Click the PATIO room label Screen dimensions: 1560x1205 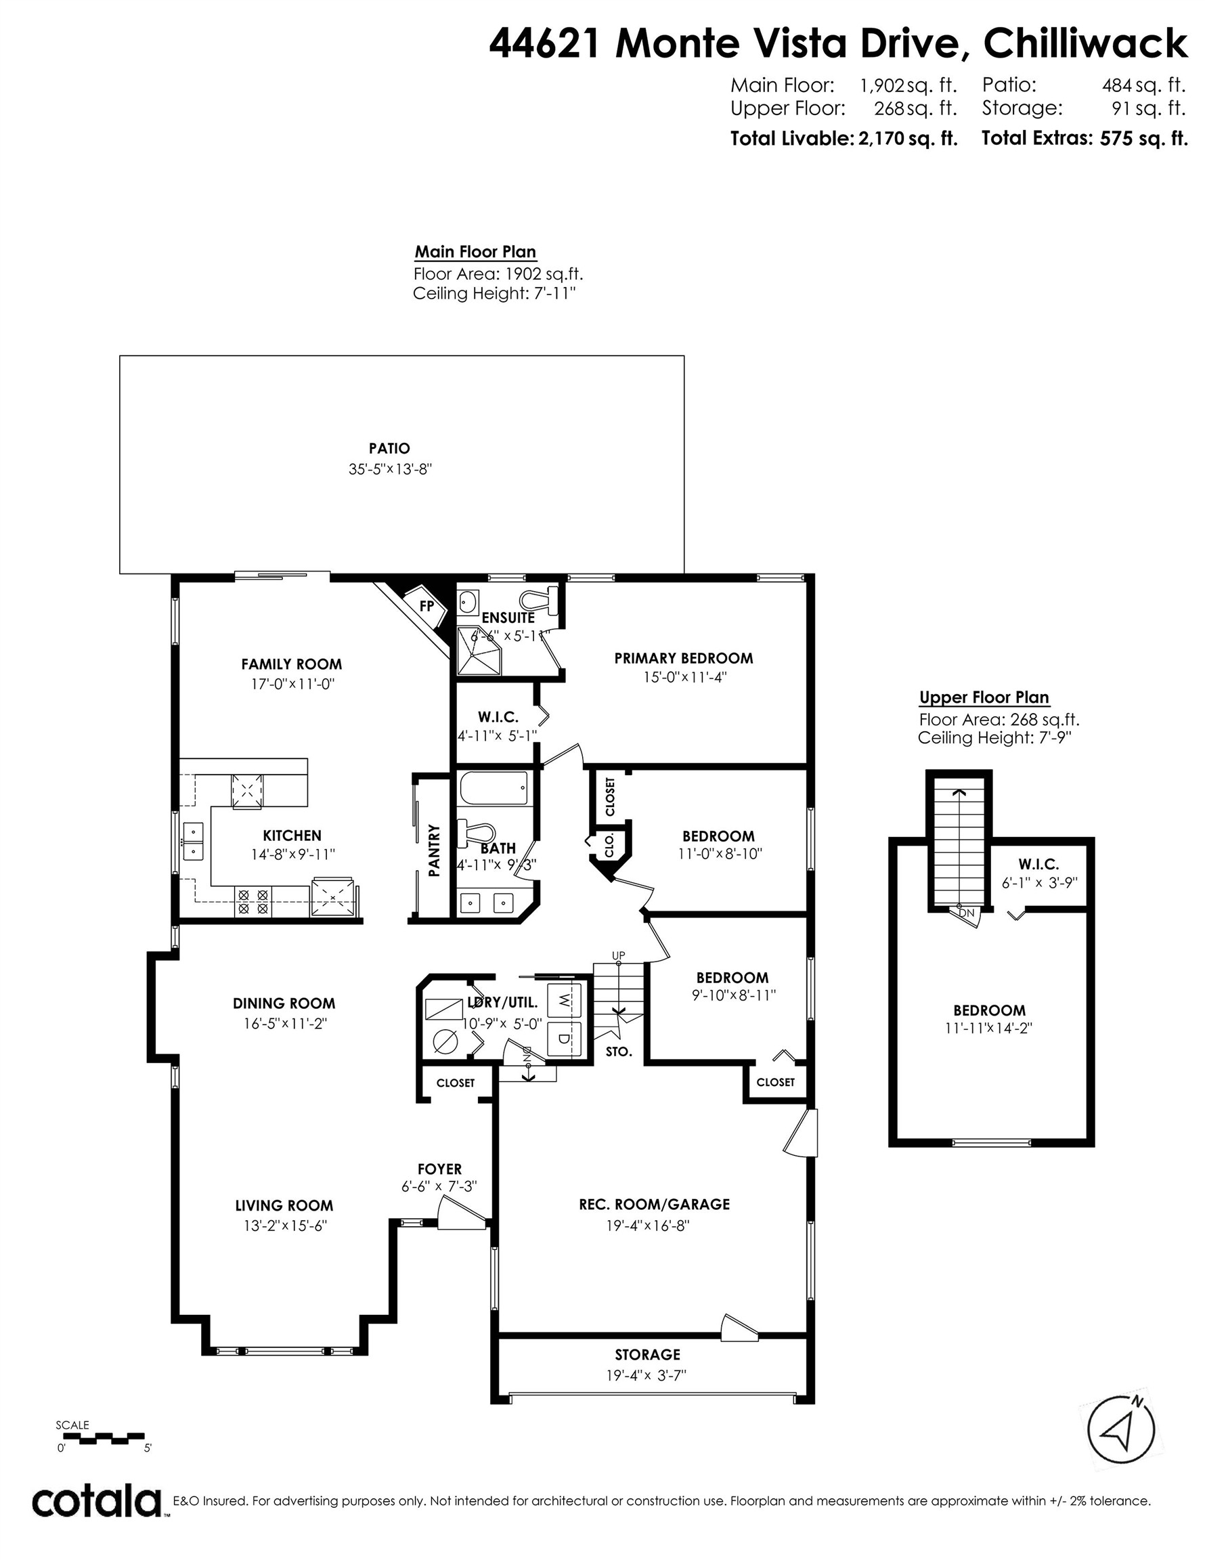(389, 449)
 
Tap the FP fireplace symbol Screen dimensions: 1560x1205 (426, 606)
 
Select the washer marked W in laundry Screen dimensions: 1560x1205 (563, 999)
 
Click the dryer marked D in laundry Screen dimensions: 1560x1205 (563, 1039)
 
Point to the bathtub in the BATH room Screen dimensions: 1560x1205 (494, 789)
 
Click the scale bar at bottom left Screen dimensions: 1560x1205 (102, 1437)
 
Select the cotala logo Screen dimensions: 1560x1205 (96, 1496)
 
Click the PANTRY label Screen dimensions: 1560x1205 (433, 850)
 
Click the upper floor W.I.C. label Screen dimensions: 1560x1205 (1038, 864)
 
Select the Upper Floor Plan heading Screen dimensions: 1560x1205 (984, 697)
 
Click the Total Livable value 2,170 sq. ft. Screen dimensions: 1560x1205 (907, 139)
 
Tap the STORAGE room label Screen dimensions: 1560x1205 (647, 1354)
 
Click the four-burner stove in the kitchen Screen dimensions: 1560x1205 (253, 901)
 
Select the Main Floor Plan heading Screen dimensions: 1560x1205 (475, 251)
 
